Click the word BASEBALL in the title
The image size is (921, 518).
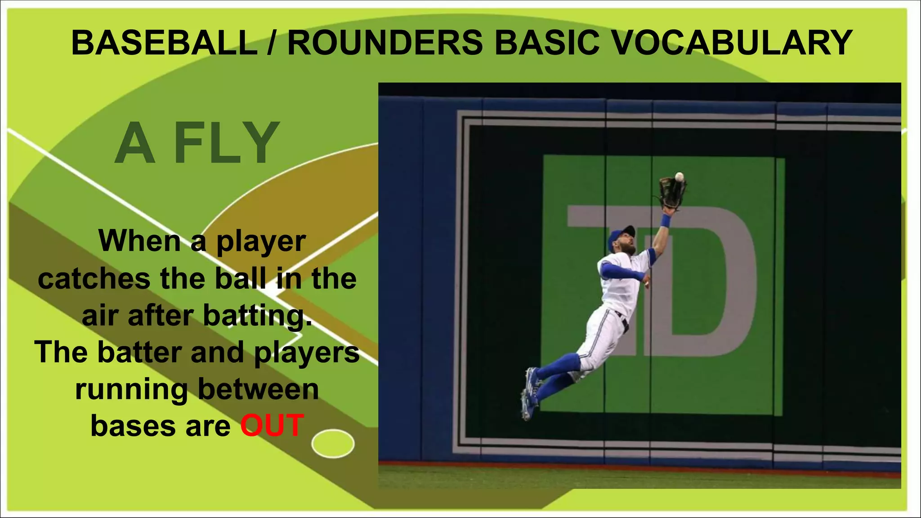165,43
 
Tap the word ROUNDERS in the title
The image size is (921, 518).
385,43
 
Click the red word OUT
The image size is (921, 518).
273,425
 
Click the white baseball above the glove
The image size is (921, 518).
679,177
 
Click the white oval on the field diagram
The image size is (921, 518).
333,443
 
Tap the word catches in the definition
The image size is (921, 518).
94,279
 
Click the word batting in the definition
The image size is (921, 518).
257,316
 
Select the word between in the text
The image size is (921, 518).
258,389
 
